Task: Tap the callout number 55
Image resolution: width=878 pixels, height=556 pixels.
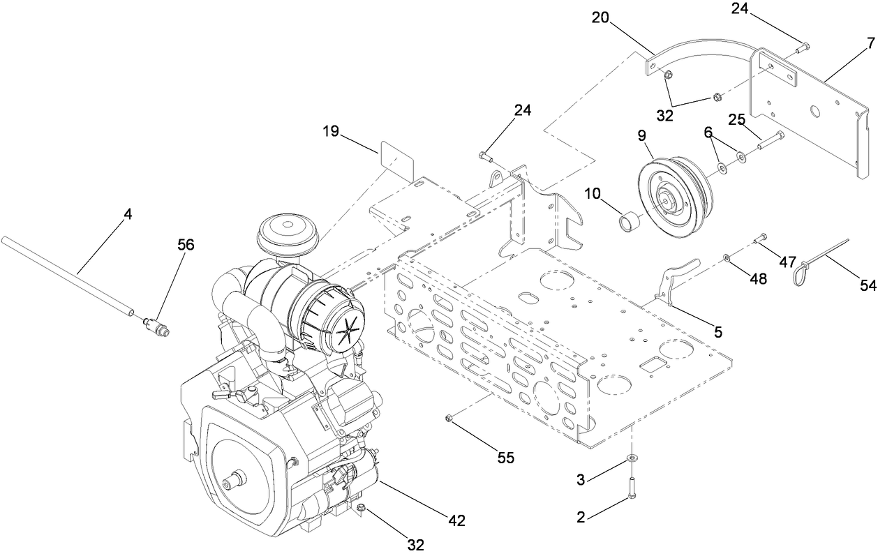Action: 505,458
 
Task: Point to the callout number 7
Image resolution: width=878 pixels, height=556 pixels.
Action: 870,43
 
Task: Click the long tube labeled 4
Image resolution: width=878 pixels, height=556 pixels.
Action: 70,275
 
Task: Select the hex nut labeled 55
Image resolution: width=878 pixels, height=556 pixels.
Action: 449,418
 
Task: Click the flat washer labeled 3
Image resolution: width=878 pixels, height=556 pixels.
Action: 632,458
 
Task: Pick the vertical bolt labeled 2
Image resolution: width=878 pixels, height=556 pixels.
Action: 632,486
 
